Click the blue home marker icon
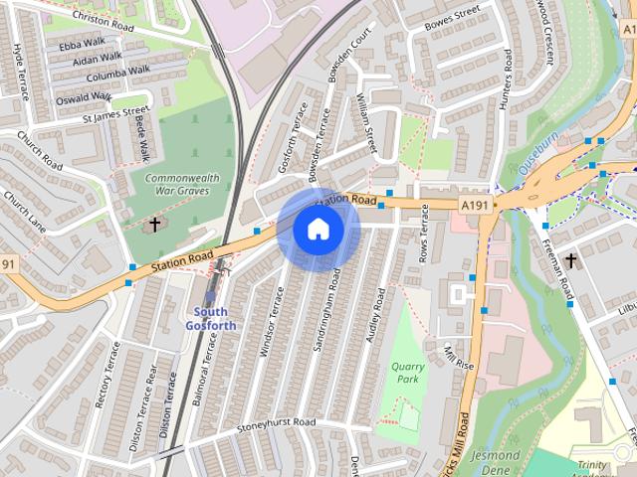tap(318, 230)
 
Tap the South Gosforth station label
tap(211, 318)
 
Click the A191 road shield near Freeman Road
tap(474, 204)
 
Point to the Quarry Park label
tap(403, 372)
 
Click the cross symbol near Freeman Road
tap(570, 260)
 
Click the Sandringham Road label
tap(333, 308)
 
